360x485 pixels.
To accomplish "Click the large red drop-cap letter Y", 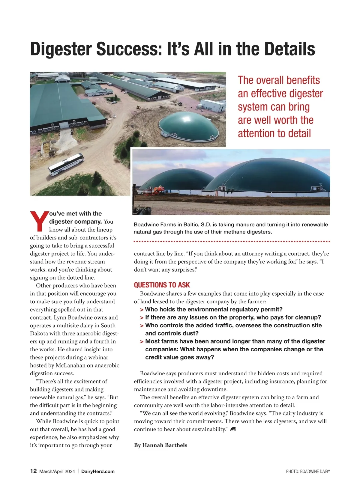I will point(39,222).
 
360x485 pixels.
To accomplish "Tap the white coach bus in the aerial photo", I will point(66,164).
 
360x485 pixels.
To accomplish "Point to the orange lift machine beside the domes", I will point(158,190).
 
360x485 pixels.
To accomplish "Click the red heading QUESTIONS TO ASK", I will point(162,285).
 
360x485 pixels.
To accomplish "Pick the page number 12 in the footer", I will point(33,471).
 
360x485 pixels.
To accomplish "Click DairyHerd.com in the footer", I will point(98,472).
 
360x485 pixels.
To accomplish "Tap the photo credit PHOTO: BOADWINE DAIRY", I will point(308,472).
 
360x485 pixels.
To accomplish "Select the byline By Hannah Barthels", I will point(160,445).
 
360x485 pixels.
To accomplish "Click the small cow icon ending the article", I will point(233,430).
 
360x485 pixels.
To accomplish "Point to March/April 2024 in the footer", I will point(57,472).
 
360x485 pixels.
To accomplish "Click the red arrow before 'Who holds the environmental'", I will point(142,310).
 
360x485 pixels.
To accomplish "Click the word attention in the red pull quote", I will point(256,133).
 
